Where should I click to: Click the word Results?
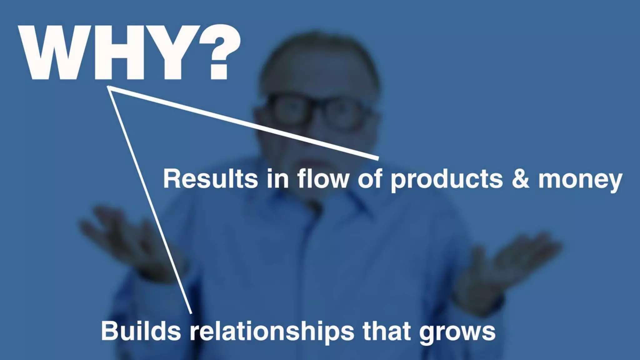click(210, 179)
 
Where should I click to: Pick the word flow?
click(323, 179)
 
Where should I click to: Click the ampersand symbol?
click(520, 179)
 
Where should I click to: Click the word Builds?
click(141, 331)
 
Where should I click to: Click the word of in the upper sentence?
click(370, 179)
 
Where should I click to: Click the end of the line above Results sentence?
click(378, 159)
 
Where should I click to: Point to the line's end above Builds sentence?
click(191, 312)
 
